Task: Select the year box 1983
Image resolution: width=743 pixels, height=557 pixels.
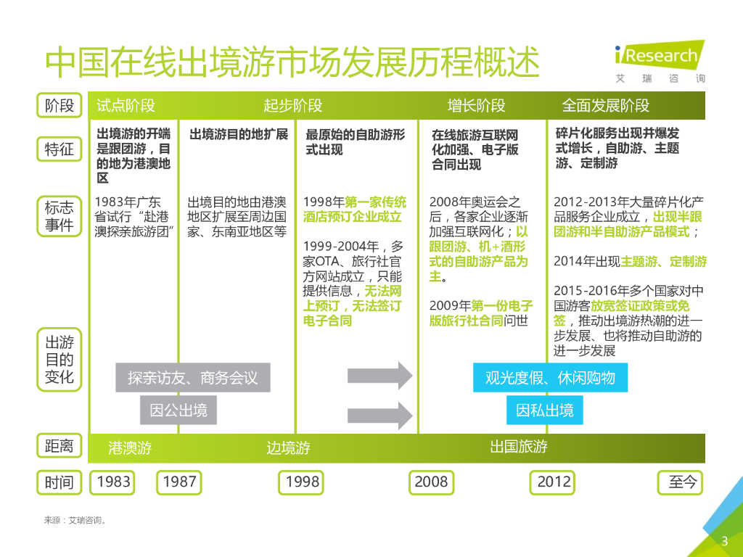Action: (x=114, y=482)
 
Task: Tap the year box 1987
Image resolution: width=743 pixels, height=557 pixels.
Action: (x=179, y=482)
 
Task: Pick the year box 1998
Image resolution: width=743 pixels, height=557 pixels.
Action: (x=302, y=482)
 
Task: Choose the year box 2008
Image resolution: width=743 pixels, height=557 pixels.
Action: (x=431, y=482)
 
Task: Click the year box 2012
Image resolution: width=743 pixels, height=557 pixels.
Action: (x=554, y=482)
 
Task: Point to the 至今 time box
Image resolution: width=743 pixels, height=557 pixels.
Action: (x=681, y=482)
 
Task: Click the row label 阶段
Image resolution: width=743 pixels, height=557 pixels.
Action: (x=59, y=105)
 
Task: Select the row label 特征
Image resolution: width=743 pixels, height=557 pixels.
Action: (x=59, y=149)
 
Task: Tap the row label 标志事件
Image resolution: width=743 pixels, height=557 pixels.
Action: (x=59, y=216)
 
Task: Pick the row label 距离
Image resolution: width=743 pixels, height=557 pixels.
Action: (x=59, y=446)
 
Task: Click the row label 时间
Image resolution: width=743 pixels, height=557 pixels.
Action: (x=59, y=482)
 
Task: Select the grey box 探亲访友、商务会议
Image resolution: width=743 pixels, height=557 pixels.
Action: (x=192, y=378)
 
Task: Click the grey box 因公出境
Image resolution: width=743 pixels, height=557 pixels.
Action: (x=178, y=410)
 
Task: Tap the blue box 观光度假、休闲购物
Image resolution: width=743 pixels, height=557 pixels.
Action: (x=550, y=378)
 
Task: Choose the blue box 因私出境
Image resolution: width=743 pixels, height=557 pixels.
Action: (x=544, y=410)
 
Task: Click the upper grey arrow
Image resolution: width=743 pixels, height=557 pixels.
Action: (x=379, y=376)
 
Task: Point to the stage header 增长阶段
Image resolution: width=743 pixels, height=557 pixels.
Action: (x=476, y=106)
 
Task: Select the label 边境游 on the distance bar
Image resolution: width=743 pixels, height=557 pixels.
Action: (x=288, y=447)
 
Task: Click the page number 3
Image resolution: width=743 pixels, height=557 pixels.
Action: (x=723, y=541)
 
